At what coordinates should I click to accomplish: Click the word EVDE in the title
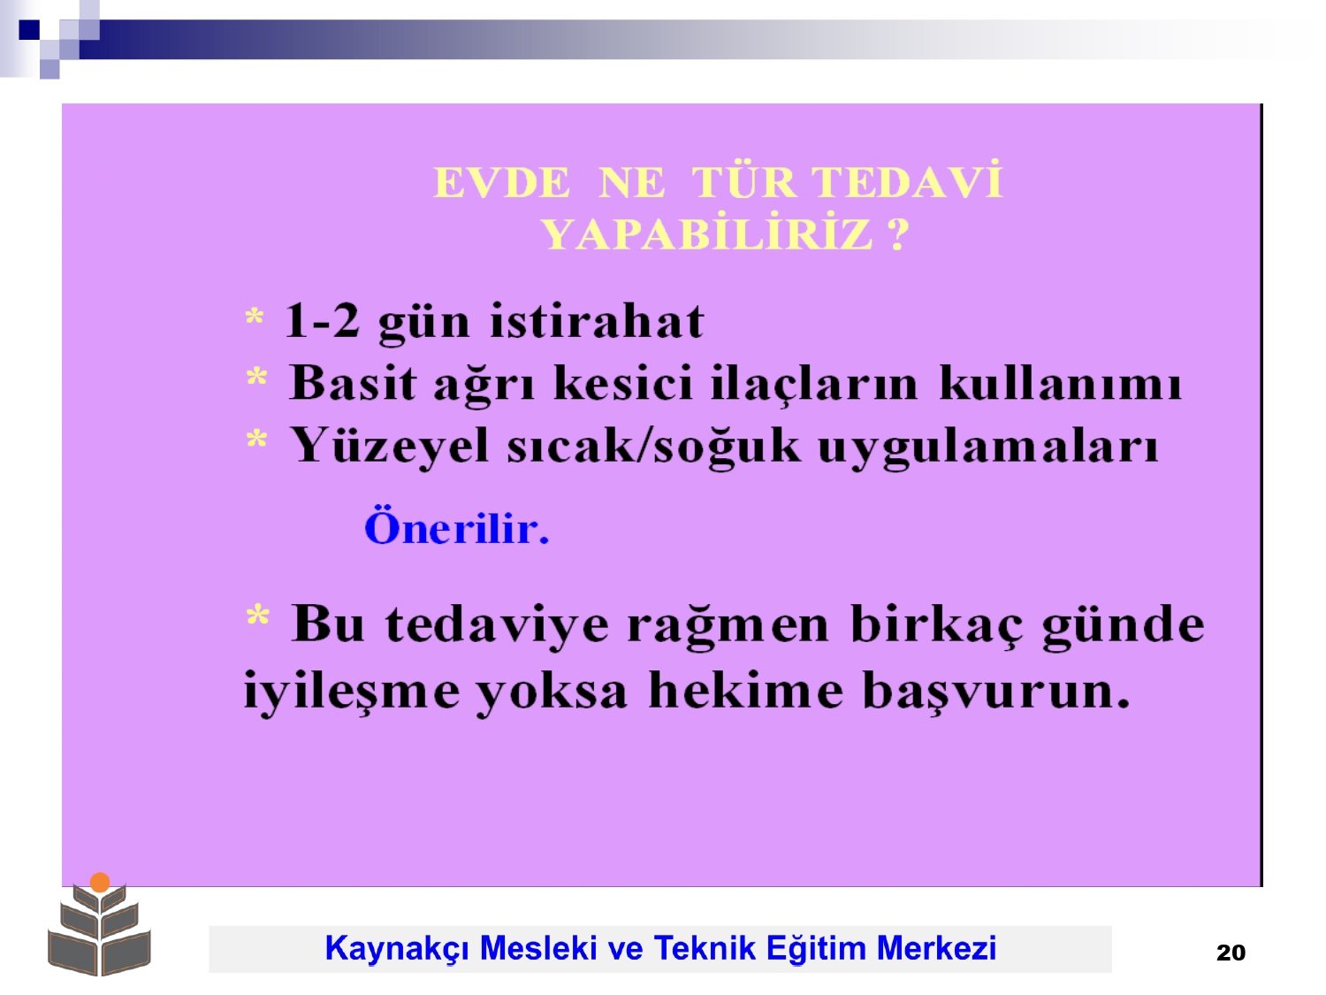coord(501,182)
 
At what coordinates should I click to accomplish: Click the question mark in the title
coord(899,234)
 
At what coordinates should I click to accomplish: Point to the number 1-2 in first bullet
coord(322,321)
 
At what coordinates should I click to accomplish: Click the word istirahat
coord(597,320)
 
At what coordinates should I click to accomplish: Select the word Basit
coord(354,382)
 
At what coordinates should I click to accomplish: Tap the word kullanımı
coord(1060,382)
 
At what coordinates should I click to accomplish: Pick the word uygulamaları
coord(987,448)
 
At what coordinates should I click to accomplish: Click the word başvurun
coord(996,693)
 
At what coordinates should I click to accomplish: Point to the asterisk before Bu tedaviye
coord(258,615)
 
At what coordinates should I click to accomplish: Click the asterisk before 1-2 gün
coord(255,317)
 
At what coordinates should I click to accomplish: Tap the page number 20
coord(1231,953)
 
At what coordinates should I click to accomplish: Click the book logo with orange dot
coord(99,925)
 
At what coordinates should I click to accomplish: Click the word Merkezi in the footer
coord(936,948)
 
